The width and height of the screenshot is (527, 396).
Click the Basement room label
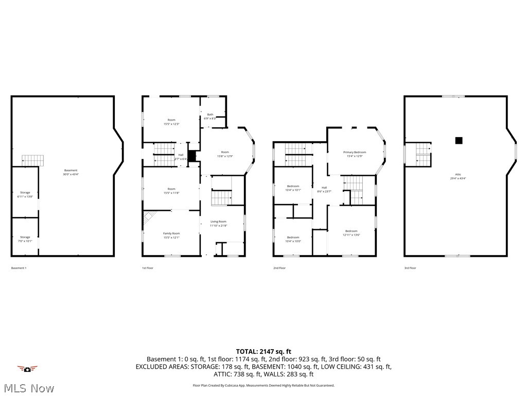click(x=71, y=172)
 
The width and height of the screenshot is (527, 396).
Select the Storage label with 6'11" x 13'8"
click(x=25, y=194)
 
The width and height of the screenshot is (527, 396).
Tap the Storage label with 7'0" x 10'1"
click(x=25, y=239)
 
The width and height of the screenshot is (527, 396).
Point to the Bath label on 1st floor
click(x=210, y=116)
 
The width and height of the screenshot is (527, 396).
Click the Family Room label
click(x=171, y=235)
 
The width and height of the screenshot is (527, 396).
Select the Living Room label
click(x=218, y=223)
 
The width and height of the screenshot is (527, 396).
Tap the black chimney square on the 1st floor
click(x=192, y=156)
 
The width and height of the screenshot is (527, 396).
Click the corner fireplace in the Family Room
click(x=148, y=218)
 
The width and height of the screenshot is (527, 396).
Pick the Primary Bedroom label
click(x=355, y=154)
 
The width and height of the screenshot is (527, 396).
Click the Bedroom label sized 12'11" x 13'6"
click(x=351, y=233)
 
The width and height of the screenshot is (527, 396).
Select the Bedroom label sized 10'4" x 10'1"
click(x=293, y=188)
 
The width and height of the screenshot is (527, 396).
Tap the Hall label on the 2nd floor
click(x=324, y=189)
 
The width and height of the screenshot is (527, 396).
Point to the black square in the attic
click(x=459, y=140)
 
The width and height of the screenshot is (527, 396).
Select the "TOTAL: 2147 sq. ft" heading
click(x=263, y=351)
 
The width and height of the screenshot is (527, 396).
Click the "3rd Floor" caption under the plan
click(x=410, y=268)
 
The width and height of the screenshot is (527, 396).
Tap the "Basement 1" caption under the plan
click(x=19, y=268)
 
